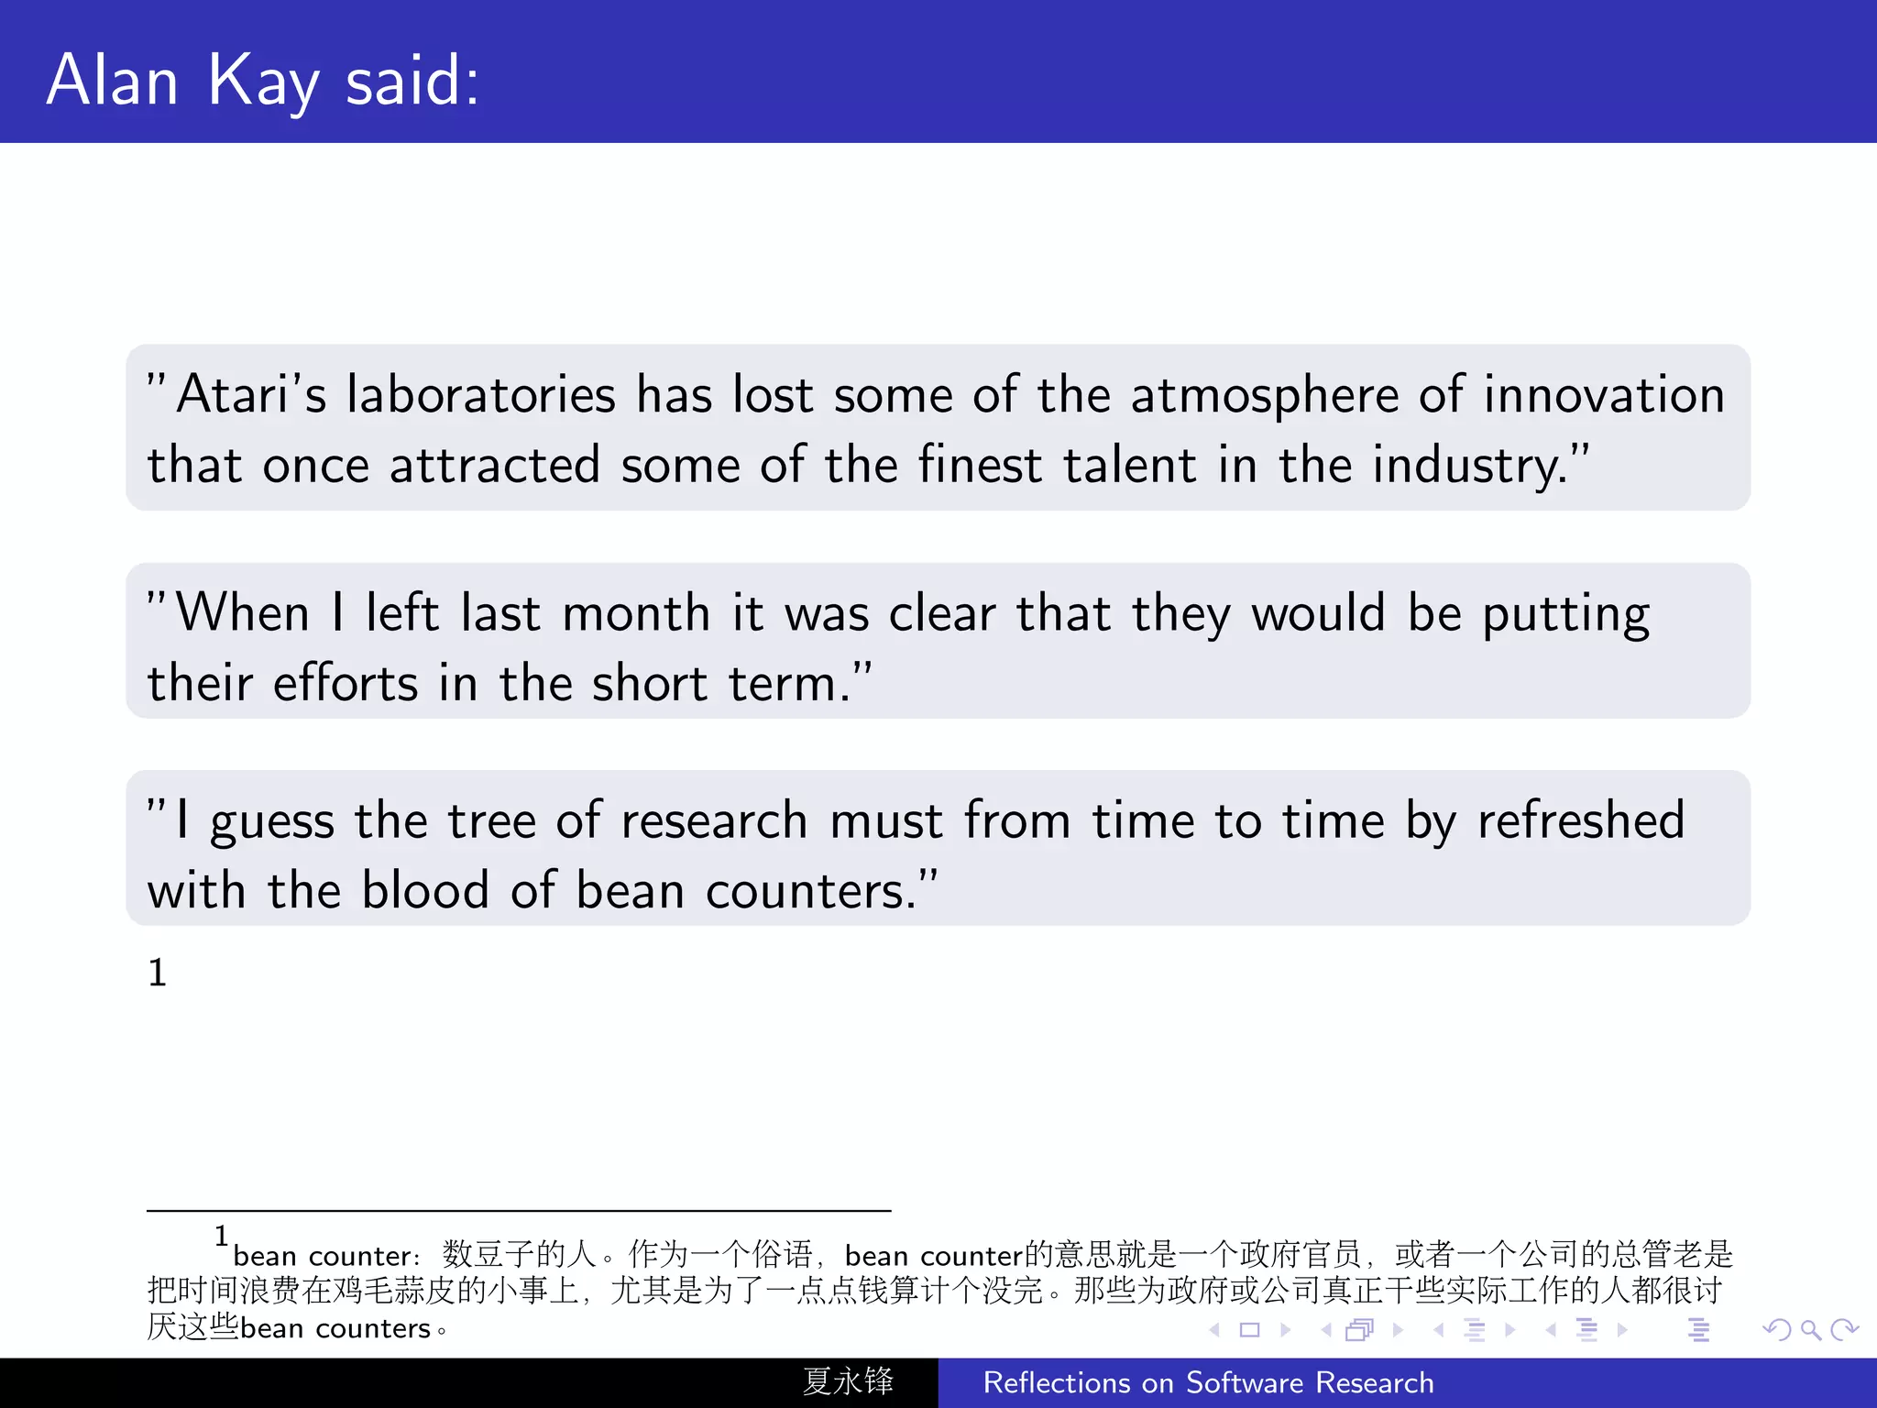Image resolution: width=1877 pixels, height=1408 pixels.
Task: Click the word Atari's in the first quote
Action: pyautogui.click(x=251, y=395)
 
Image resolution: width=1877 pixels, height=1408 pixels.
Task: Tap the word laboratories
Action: pyautogui.click(x=480, y=395)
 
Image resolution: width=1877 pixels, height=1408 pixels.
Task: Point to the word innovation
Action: pyautogui.click(x=1604, y=395)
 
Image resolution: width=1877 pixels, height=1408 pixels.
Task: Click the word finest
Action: pyautogui.click(x=980, y=465)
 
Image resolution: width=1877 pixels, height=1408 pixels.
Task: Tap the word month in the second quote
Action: pyautogui.click(x=636, y=613)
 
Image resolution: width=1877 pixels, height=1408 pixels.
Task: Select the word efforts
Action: pyautogui.click(x=346, y=684)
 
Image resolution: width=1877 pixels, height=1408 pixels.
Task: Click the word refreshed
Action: pyautogui.click(x=1581, y=820)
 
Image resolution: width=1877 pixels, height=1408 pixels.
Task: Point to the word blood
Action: pyautogui.click(x=425, y=890)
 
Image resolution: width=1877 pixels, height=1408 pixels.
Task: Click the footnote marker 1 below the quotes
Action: pyautogui.click(x=158, y=973)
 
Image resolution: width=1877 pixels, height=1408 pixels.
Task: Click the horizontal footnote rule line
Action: pyautogui.click(x=519, y=1211)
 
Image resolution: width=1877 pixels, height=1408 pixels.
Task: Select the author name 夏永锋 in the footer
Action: pyautogui.click(x=848, y=1381)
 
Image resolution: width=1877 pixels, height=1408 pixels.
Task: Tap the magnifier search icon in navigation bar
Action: pyautogui.click(x=1810, y=1330)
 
